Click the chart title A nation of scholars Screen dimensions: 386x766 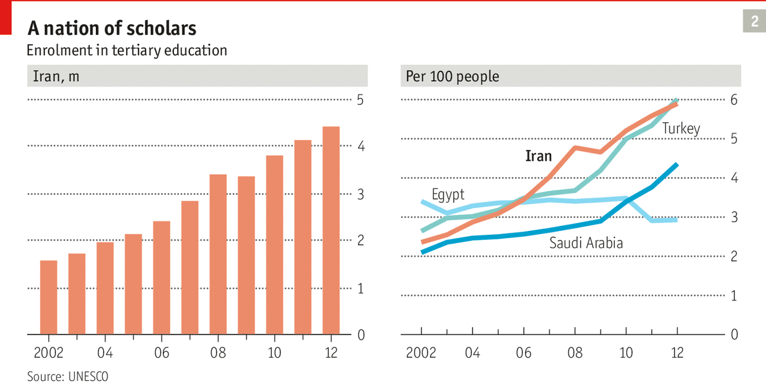pos(111,28)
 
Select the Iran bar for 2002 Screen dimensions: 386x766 pos(49,297)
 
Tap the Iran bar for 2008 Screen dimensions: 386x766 pos(218,254)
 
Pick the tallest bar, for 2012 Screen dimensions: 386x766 pos(331,230)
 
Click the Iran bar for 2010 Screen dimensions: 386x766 pos(275,244)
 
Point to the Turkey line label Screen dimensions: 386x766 pos(681,128)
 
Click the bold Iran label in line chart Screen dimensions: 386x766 pos(538,156)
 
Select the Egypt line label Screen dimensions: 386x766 pos(448,194)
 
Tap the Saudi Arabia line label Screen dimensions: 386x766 pos(586,243)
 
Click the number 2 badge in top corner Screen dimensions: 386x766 pos(754,23)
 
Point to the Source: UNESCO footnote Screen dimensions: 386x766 pos(63,376)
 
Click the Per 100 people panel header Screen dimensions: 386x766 pos(453,77)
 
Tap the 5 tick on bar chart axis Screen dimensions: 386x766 pos(360,100)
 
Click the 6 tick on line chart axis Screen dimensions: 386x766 pos(733,100)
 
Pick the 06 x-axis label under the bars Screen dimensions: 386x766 pos(162,353)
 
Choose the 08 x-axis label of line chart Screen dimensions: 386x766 pos(575,353)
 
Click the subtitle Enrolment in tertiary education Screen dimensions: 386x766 pos(126,50)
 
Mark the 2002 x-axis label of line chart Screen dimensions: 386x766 pos(421,353)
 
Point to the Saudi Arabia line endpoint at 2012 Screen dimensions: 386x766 pos(677,165)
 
